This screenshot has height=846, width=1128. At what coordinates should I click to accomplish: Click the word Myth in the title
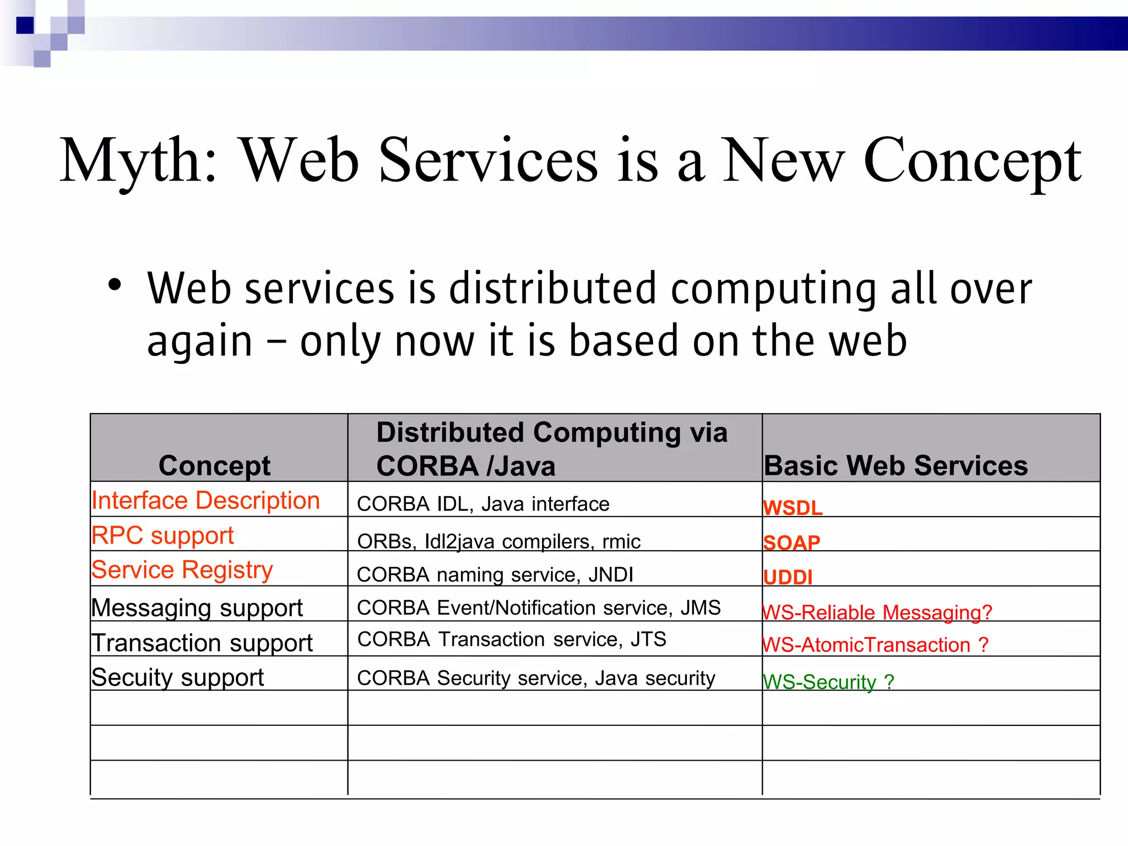(138, 161)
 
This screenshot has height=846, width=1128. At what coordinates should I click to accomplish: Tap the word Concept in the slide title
(972, 161)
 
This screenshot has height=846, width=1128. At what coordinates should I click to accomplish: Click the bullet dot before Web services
(115, 285)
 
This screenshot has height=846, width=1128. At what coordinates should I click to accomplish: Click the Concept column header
(214, 466)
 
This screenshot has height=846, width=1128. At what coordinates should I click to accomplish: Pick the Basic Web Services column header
(896, 466)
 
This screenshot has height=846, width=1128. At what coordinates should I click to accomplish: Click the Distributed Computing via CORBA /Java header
(551, 449)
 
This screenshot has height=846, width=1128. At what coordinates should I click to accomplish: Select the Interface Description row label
(205, 501)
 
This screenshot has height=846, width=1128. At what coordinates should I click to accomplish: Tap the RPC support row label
(162, 535)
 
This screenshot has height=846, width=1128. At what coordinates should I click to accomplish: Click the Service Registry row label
(182, 570)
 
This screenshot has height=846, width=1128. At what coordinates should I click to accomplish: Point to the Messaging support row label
(197, 608)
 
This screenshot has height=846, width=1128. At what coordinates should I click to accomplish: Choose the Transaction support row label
(202, 643)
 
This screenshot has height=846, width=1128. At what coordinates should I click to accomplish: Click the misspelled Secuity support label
(178, 677)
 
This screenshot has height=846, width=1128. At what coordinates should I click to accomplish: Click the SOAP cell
(791, 543)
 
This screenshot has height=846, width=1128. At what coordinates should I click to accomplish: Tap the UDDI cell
(788, 577)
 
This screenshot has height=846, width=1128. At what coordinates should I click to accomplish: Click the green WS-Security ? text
(828, 682)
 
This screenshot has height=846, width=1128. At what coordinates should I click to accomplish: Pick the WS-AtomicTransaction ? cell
(875, 645)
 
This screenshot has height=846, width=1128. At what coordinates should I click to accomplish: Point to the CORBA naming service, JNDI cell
(495, 575)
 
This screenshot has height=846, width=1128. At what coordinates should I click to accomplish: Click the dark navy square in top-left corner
(25, 25)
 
